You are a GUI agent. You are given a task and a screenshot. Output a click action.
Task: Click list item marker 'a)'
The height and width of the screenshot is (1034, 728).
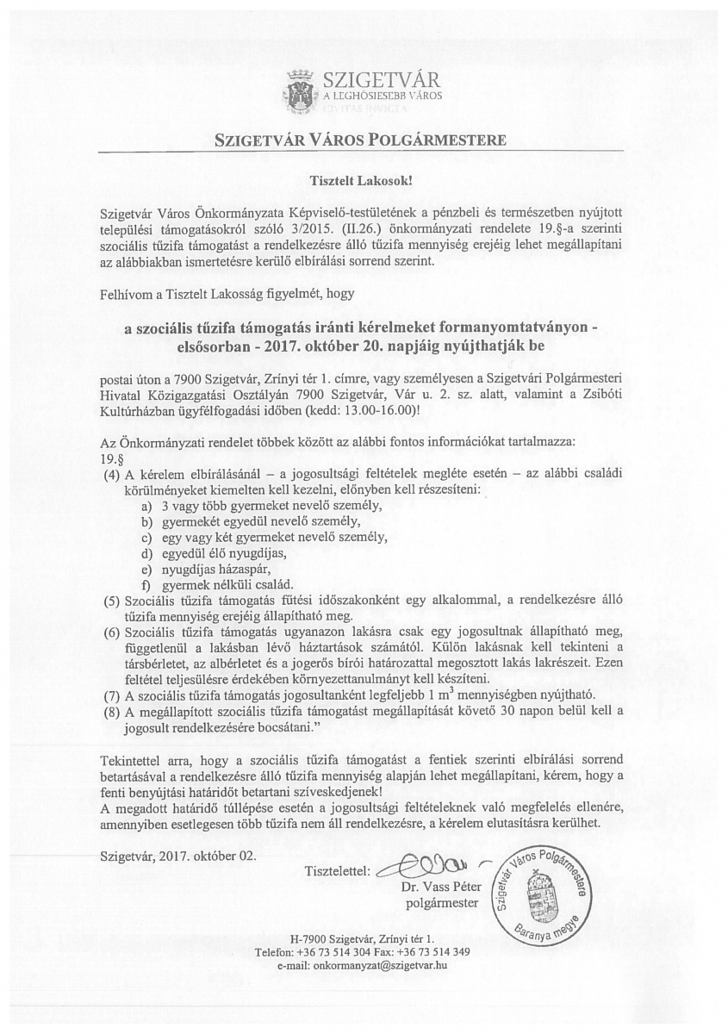click(146, 506)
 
